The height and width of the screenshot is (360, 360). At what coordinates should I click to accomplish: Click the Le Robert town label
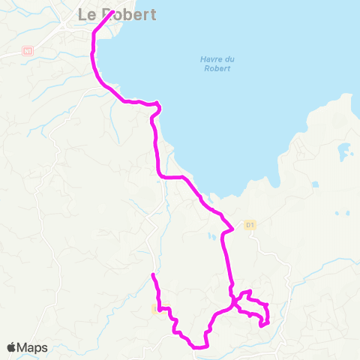[117, 14]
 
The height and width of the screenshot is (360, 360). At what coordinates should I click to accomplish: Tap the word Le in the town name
[86, 14]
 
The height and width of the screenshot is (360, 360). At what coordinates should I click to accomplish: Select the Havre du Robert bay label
[214, 64]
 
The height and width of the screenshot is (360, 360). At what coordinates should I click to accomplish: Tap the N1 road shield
[28, 51]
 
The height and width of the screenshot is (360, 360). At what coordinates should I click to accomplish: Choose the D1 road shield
[250, 224]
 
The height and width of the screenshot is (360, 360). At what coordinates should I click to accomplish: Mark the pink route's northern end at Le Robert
[112, 12]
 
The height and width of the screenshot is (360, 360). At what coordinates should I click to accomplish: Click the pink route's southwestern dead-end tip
[152, 275]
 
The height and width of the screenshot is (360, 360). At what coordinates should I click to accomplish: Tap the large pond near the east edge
[345, 154]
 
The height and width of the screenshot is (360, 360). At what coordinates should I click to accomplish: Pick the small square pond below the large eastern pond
[315, 184]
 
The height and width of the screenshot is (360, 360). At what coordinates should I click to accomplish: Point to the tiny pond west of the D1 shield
[212, 237]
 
